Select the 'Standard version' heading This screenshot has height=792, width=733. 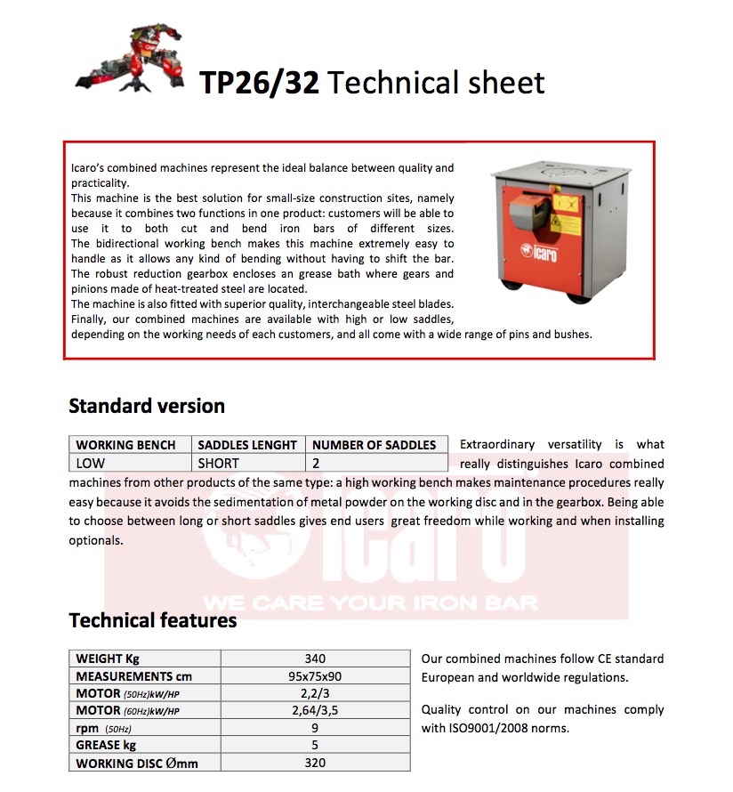[x=147, y=407]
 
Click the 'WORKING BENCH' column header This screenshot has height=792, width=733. [x=132, y=445]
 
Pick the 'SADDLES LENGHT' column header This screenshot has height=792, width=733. [x=247, y=445]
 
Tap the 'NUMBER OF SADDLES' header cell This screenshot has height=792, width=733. [x=374, y=445]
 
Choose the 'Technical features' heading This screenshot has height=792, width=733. [x=152, y=620]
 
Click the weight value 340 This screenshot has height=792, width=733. [x=315, y=659]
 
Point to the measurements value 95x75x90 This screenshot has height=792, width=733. [x=315, y=676]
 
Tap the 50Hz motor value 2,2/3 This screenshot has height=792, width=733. [x=315, y=693]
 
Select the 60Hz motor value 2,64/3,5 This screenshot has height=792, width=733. [x=315, y=710]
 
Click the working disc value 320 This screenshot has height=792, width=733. [x=315, y=762]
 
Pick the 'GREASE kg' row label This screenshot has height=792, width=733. [x=106, y=745]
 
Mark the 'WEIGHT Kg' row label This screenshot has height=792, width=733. [x=108, y=659]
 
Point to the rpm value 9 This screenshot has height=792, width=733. [x=315, y=728]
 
